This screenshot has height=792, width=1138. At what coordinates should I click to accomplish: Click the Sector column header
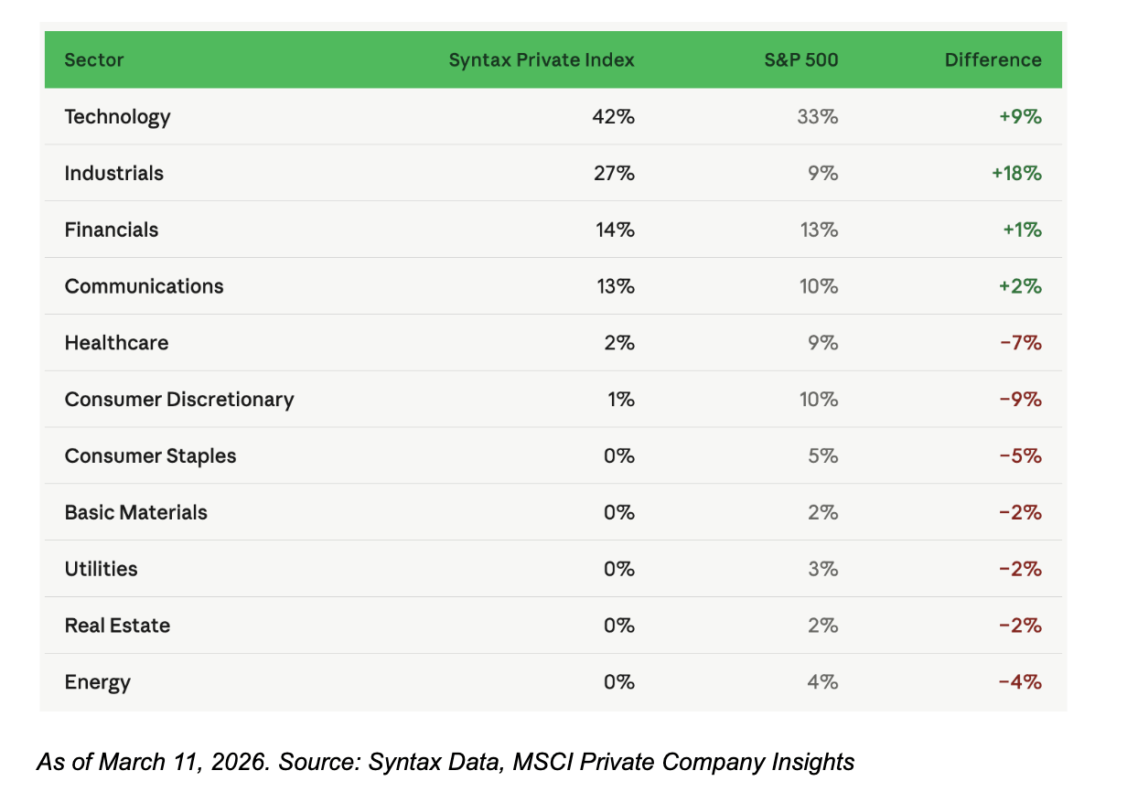[x=94, y=60]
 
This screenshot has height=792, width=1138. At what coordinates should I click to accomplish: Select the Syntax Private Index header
[x=542, y=60]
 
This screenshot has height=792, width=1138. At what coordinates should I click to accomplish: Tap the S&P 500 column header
[x=801, y=60]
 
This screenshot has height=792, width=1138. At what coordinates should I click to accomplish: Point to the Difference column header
[x=993, y=60]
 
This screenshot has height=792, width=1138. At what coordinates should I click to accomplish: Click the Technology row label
[x=117, y=117]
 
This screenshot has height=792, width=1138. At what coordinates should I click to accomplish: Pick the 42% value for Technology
[x=613, y=117]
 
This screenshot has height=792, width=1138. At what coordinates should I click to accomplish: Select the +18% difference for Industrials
[x=1016, y=173]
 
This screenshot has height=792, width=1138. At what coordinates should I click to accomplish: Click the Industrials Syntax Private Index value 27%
[x=614, y=173]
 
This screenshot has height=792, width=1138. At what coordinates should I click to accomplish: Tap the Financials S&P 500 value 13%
[x=819, y=230]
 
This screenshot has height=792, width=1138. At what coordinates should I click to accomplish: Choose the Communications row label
[x=144, y=286]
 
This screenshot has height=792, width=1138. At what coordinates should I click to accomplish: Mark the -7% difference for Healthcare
[x=1021, y=343]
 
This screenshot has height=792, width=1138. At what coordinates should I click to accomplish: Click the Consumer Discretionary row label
[x=179, y=400]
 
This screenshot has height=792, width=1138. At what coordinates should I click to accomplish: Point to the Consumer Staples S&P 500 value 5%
[x=823, y=455]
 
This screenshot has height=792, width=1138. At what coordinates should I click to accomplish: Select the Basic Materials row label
[x=135, y=512]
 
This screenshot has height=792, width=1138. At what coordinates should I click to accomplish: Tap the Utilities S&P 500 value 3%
[x=823, y=569]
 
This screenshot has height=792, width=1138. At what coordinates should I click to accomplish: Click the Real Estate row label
[x=117, y=626]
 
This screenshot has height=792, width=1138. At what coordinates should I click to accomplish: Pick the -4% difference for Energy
[x=1020, y=681]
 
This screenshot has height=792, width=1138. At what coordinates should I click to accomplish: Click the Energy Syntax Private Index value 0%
[x=619, y=681]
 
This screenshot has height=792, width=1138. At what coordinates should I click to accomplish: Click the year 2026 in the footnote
[x=241, y=762]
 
